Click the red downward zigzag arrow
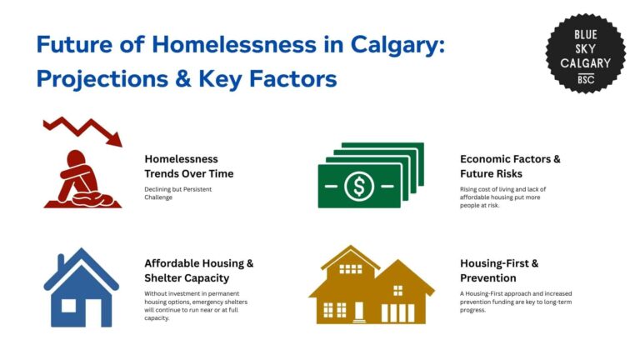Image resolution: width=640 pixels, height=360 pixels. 82,130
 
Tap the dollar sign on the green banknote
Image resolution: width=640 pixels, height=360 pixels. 359,186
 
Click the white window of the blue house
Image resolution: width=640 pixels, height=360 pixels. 68,306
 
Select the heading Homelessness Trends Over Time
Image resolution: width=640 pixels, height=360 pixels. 188,166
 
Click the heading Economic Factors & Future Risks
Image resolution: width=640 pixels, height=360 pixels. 510,166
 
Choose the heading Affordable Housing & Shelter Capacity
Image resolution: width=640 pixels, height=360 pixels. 198,270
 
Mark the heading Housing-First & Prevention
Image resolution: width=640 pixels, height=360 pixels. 499,270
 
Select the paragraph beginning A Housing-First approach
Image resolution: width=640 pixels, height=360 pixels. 515,301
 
